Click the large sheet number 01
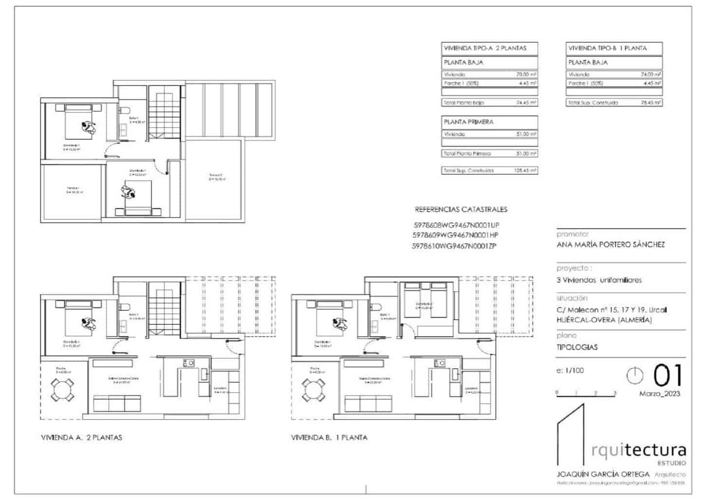click(x=667, y=376)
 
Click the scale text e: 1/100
click(x=570, y=370)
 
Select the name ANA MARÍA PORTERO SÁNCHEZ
click(x=610, y=245)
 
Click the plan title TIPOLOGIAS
click(x=577, y=347)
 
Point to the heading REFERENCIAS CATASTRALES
click(x=461, y=210)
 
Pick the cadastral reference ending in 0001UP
click(x=456, y=225)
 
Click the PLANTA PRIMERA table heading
click(x=468, y=122)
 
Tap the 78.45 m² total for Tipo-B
click(x=650, y=103)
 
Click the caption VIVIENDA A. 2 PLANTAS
click(x=81, y=437)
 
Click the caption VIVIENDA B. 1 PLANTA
click(x=329, y=437)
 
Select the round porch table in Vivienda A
click(x=63, y=390)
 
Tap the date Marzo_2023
click(x=659, y=394)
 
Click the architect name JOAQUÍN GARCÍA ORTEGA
click(x=603, y=474)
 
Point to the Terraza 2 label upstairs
click(x=216, y=177)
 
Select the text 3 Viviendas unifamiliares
click(x=599, y=280)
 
